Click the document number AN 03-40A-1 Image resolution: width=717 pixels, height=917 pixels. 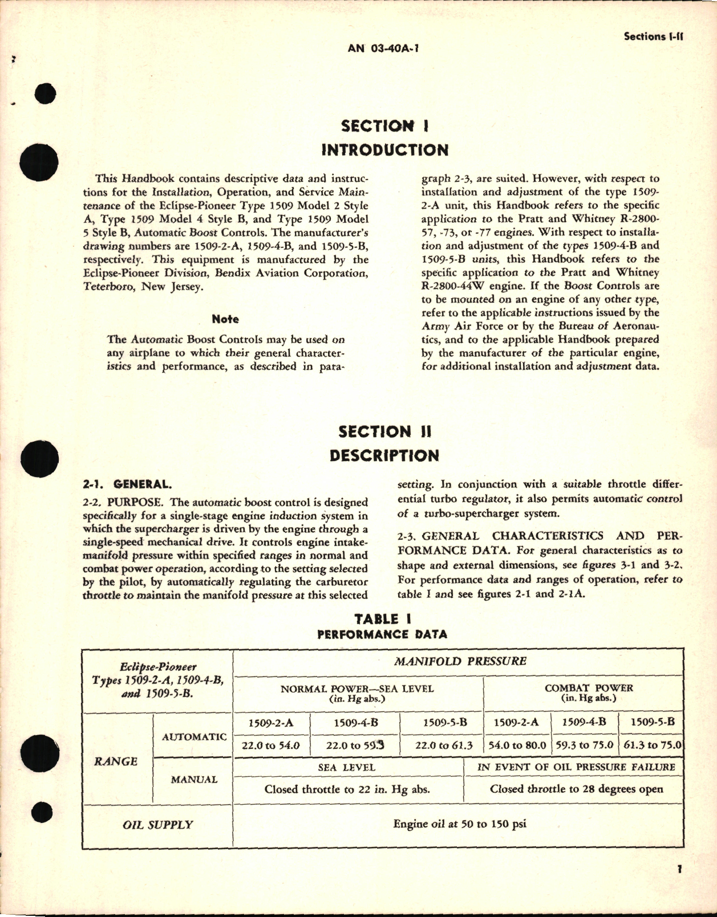pyautogui.click(x=383, y=48)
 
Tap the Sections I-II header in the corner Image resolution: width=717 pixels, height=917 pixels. pyautogui.click(x=654, y=36)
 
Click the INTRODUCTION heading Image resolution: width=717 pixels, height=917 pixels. pyautogui.click(x=384, y=150)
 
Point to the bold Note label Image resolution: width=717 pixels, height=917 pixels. pyautogui.click(x=225, y=319)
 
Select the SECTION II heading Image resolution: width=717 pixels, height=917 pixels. pyautogui.click(x=384, y=431)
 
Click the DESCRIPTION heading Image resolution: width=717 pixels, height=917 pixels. pyautogui.click(x=384, y=456)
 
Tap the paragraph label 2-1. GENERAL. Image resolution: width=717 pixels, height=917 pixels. pyautogui.click(x=127, y=484)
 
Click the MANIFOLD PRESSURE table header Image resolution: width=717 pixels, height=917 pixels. pyautogui.click(x=460, y=662)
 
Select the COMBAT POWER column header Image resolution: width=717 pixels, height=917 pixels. pyautogui.click(x=589, y=688)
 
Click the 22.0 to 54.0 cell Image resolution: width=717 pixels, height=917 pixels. pyautogui.click(x=271, y=745)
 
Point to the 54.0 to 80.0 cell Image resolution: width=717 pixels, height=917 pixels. pyautogui.click(x=517, y=745)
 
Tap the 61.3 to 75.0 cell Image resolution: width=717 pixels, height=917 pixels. pyautogui.click(x=652, y=745)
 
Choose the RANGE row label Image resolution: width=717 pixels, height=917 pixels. pyautogui.click(x=116, y=761)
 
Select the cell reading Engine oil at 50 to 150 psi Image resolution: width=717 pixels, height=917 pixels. pyautogui.click(x=460, y=824)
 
